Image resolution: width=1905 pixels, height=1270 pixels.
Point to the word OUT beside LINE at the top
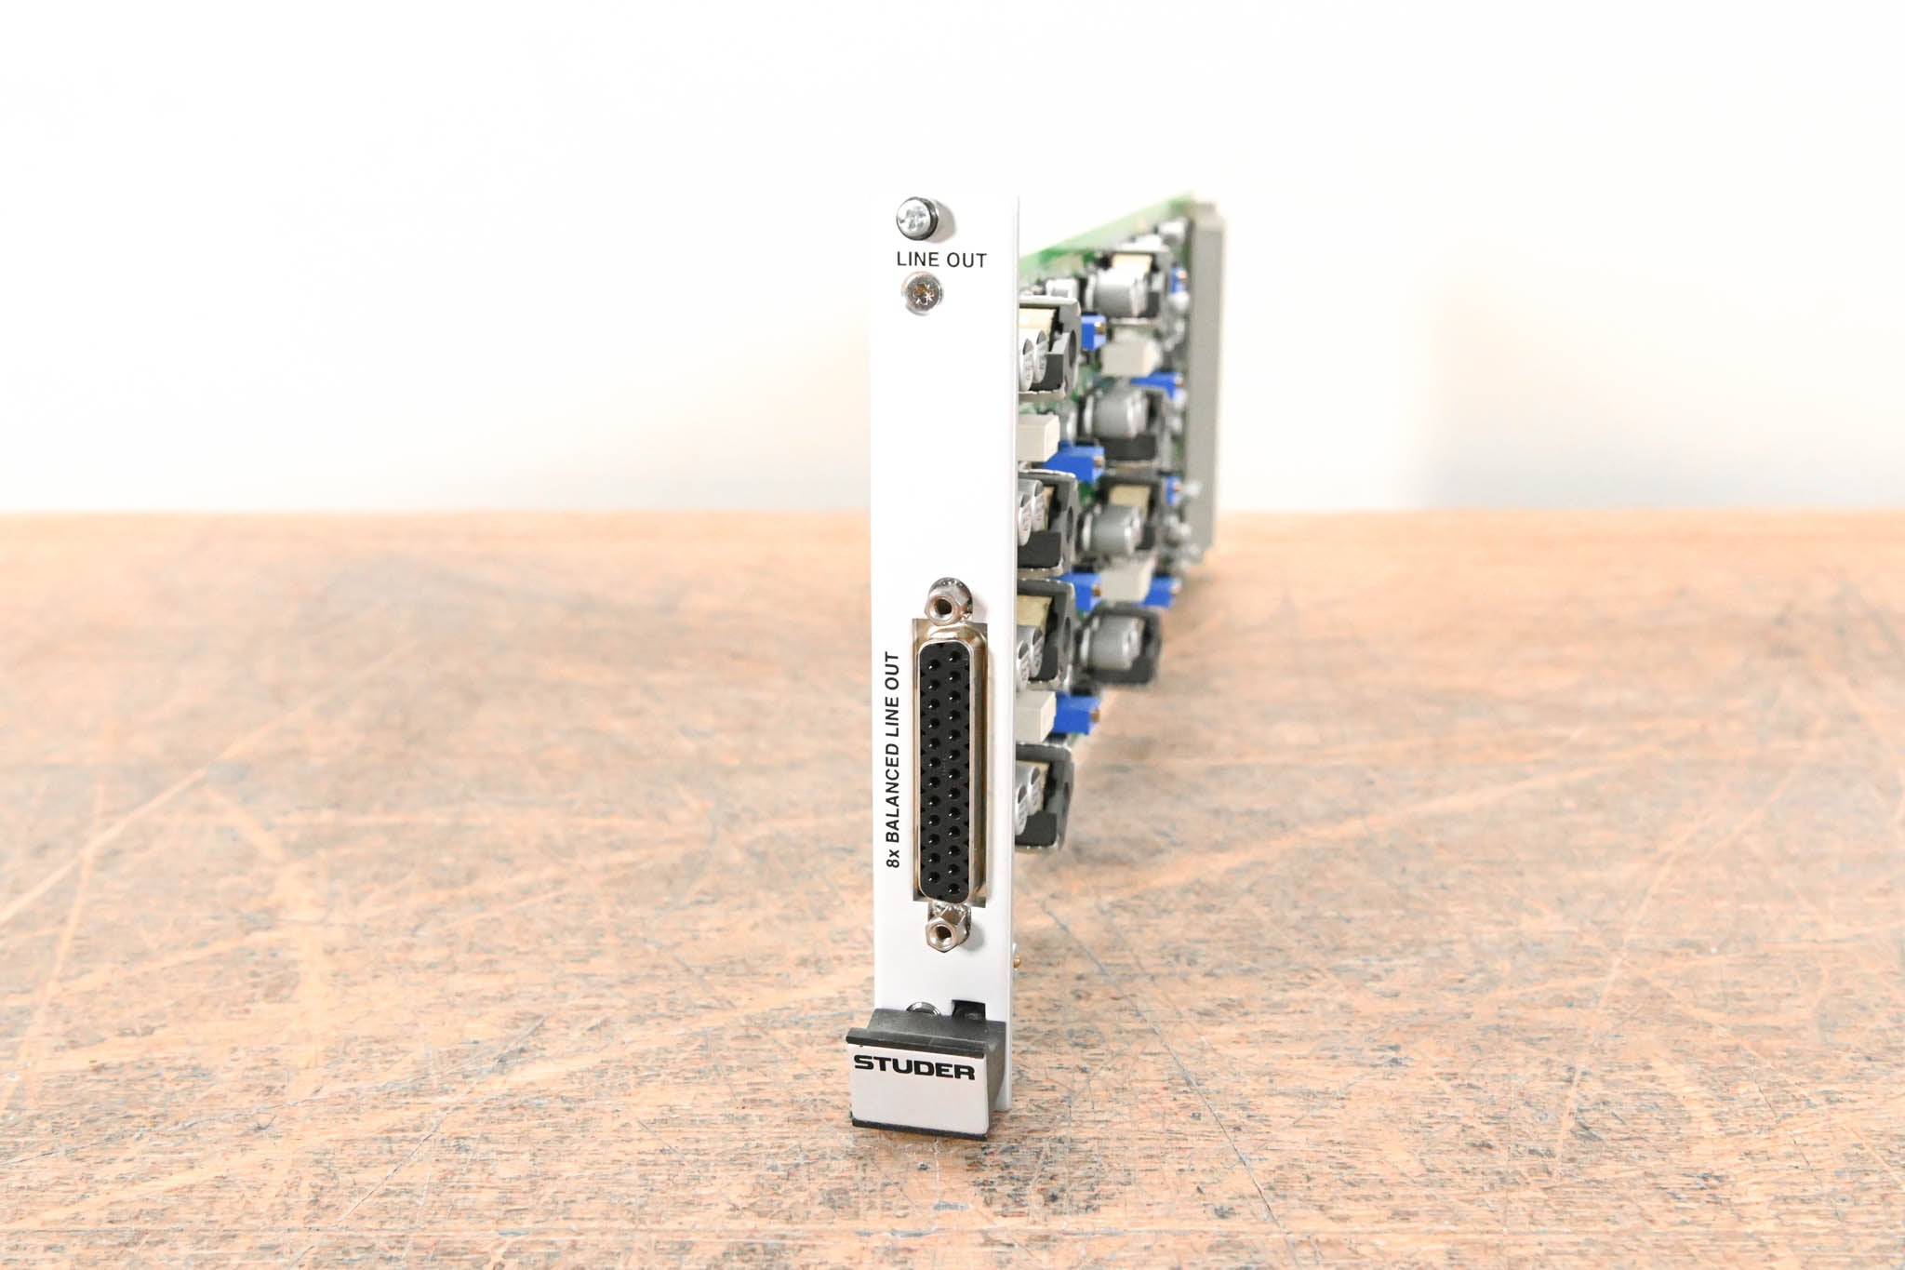click(967, 261)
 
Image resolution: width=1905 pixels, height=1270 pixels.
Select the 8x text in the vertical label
click(891, 861)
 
